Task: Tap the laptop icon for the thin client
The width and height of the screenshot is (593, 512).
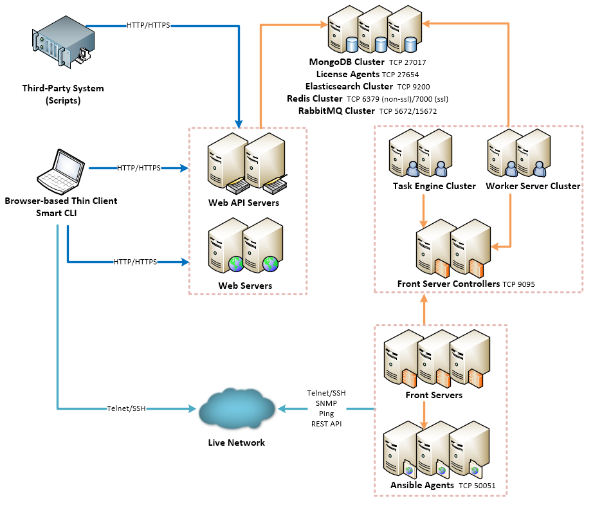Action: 61,170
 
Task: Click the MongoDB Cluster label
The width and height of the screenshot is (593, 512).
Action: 347,62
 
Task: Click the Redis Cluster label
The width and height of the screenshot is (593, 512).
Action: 315,98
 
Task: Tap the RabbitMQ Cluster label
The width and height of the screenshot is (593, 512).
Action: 336,111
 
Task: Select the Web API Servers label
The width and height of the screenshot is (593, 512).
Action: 244,203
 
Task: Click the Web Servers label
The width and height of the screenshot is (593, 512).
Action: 245,285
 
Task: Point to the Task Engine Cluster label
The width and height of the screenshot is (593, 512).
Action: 434,187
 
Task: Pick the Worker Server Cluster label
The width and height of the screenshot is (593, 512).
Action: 533,187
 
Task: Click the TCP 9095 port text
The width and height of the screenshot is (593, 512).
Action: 519,284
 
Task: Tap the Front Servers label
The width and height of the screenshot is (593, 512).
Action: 433,395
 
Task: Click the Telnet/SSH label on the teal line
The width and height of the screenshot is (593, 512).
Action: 127,408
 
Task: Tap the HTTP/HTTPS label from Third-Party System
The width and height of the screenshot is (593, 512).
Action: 149,26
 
